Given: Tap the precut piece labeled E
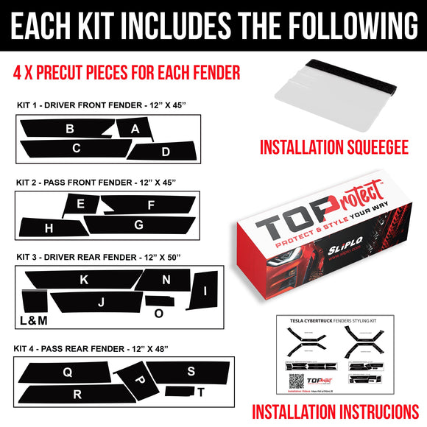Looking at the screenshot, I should (x=80, y=204).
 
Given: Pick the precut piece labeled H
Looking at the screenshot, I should (x=49, y=228).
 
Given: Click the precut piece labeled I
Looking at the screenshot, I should (x=205, y=289).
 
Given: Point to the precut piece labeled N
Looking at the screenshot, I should (x=166, y=280).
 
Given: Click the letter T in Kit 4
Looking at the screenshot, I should (x=201, y=392).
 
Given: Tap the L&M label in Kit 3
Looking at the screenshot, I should (x=33, y=320).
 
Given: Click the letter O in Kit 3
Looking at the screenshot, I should (x=158, y=313).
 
